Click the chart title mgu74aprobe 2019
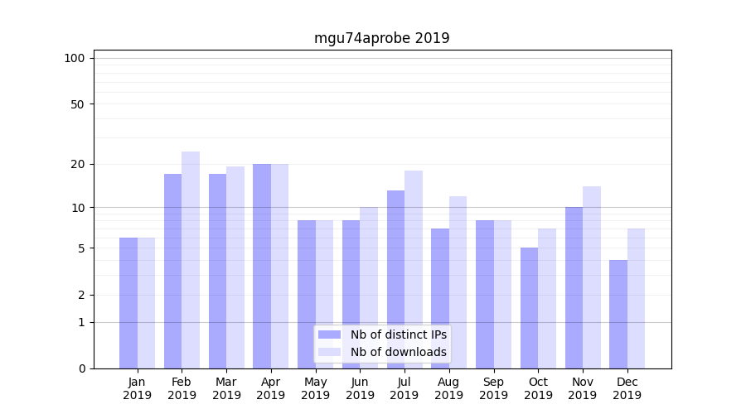(381, 38)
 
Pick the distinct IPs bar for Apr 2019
(262, 266)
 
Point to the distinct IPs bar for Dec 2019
(618, 314)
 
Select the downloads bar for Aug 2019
(458, 282)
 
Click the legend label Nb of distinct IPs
(398, 335)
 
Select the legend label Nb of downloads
(398, 352)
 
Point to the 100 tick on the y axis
(75, 58)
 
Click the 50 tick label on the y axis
(78, 104)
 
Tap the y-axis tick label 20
(78, 164)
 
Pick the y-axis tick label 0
(81, 368)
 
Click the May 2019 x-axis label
(316, 388)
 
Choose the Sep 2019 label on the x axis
(493, 388)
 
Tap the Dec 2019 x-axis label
(627, 388)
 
